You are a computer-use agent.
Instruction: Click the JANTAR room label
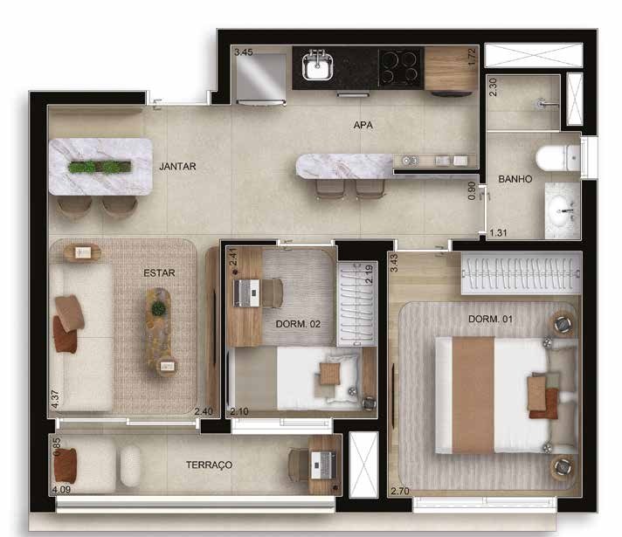[177, 166]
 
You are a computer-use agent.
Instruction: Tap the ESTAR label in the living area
[159, 272]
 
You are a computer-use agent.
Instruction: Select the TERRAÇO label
[209, 465]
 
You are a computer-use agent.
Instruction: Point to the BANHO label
[515, 179]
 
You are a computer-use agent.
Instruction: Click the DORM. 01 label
[490, 319]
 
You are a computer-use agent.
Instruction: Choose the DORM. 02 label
[298, 324]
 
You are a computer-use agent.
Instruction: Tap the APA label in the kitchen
[363, 125]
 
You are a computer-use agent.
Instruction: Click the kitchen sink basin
[317, 65]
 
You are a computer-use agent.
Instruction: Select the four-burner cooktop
[401, 67]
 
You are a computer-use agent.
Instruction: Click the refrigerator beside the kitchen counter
[260, 79]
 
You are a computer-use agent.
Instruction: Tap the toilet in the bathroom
[557, 158]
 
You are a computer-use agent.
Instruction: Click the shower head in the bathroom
[542, 104]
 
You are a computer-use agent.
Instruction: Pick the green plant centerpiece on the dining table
[100, 167]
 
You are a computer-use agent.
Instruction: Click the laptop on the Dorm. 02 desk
[246, 293]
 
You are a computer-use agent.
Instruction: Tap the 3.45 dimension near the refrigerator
[243, 52]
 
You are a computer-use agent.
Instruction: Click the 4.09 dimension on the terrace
[61, 490]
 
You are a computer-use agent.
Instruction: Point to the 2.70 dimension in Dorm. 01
[400, 491]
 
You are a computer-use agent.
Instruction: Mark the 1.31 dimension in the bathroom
[498, 233]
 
